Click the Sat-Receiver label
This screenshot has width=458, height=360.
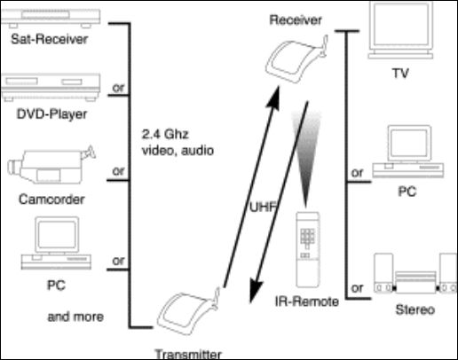click(x=49, y=39)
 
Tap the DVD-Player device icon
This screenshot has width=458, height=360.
click(x=51, y=87)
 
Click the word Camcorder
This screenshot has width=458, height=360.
click(x=51, y=200)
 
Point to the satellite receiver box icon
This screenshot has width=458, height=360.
click(x=51, y=18)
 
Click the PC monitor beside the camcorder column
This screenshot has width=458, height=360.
click(x=56, y=243)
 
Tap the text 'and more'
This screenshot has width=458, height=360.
click(x=75, y=317)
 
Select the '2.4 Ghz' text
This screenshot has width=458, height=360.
click(x=165, y=135)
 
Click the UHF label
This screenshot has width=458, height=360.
click(x=263, y=207)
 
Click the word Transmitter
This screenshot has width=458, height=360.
click(x=188, y=354)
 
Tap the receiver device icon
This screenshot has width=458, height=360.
click(x=296, y=59)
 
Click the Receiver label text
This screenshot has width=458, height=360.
click(x=296, y=20)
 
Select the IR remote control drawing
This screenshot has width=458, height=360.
click(x=308, y=249)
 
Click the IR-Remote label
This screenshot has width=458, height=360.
click(x=307, y=301)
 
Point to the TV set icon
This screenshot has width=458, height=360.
click(x=400, y=30)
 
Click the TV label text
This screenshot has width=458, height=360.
click(x=400, y=73)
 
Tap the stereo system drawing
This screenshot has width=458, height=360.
click(x=415, y=273)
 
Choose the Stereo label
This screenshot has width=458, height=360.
click(x=415, y=309)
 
